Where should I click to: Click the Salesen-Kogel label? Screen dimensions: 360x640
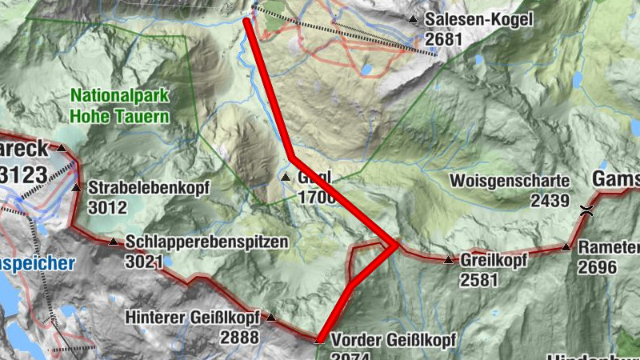478,19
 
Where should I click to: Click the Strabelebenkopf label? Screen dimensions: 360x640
149,189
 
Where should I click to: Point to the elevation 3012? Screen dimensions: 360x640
108,208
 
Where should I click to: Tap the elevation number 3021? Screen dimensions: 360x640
145,261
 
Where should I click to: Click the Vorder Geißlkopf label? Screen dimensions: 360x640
388,339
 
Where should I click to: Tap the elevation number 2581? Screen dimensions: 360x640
479,279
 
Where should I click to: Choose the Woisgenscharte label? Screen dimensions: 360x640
510,182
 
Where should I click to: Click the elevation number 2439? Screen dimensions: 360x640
550,200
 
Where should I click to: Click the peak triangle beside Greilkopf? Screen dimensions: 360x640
448,259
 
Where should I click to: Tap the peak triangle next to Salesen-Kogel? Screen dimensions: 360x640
413,18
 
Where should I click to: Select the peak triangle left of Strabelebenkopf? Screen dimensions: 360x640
76,188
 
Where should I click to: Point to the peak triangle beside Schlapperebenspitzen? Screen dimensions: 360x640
113,241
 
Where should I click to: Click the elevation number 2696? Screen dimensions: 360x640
598,266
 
